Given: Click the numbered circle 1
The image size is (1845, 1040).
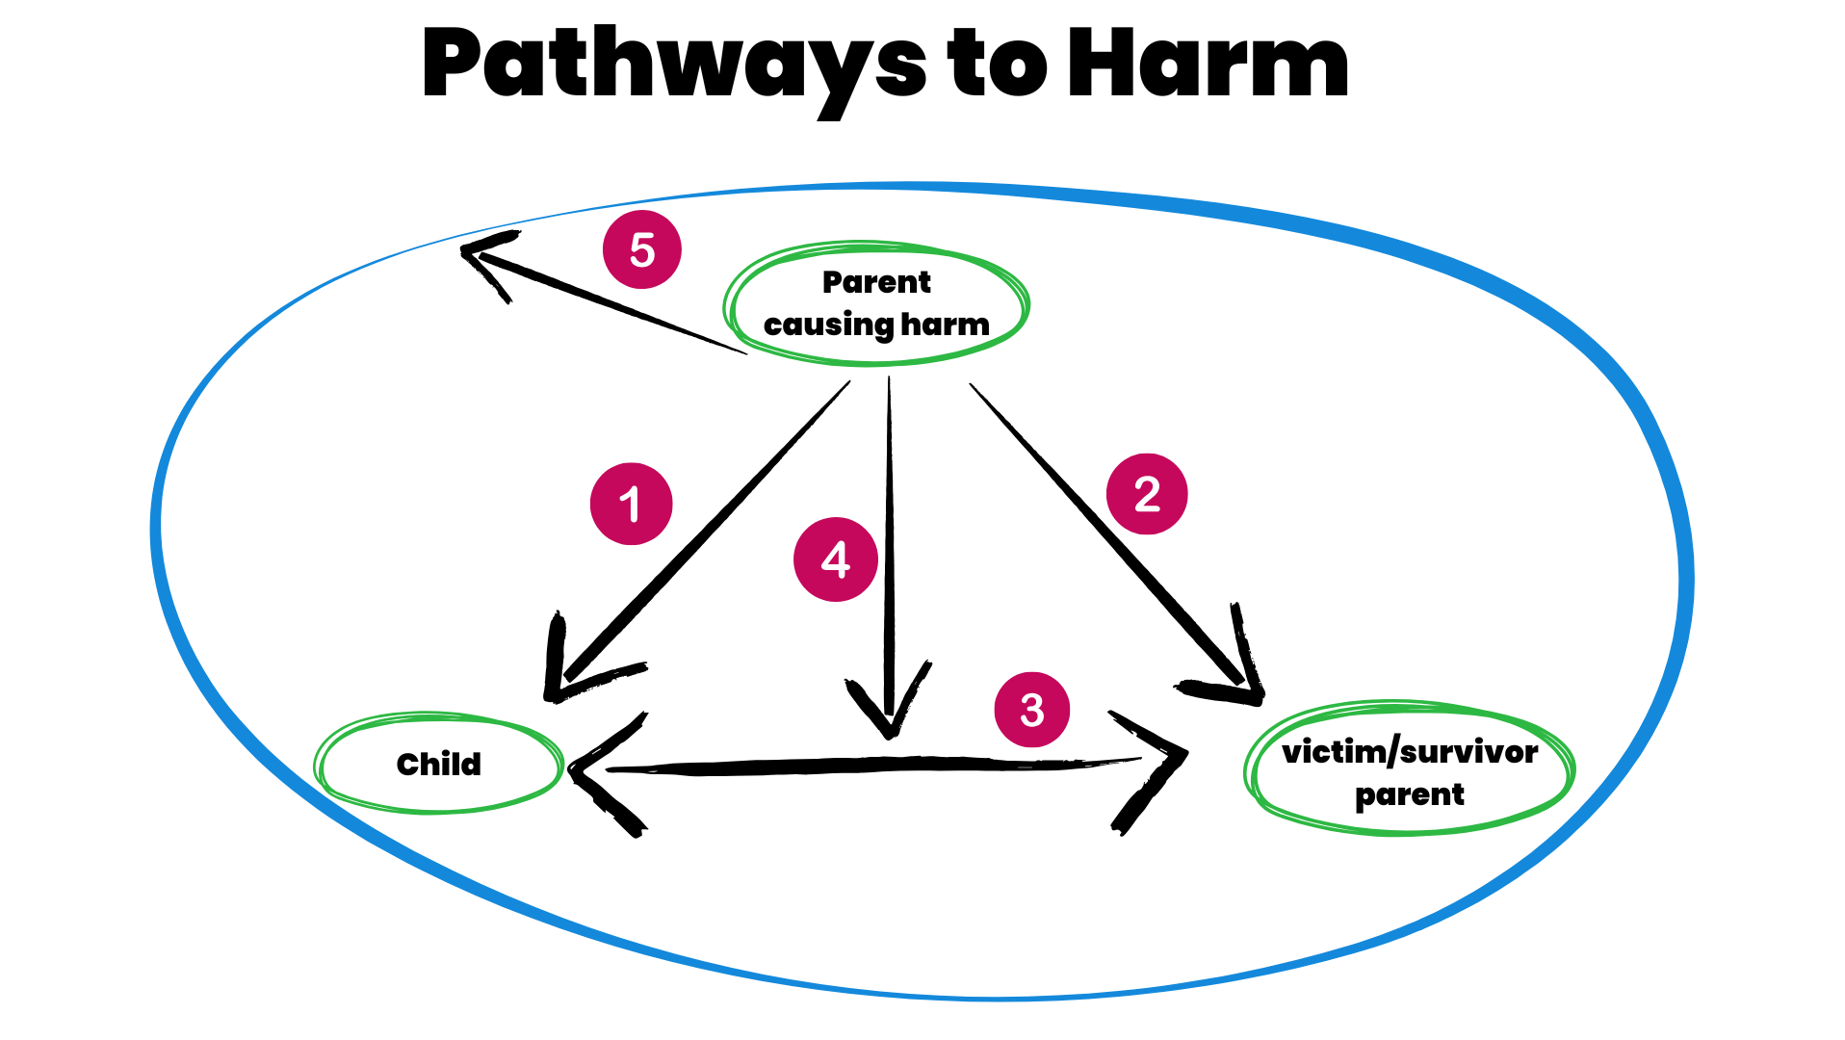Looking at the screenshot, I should click(x=631, y=504).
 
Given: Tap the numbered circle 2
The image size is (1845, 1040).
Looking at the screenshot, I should click(x=1147, y=494).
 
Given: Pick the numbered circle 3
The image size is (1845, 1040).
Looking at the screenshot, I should click(x=1031, y=710).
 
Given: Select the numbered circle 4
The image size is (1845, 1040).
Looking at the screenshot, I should click(x=835, y=559).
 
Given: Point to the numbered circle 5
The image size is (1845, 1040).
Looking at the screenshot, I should click(x=642, y=249).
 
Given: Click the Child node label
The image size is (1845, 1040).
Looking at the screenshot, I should click(x=439, y=764).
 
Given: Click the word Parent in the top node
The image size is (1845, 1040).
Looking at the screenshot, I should click(x=876, y=282).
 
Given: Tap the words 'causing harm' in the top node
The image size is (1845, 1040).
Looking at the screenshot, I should click(x=876, y=325).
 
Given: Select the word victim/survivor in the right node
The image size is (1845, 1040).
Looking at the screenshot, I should click(x=1410, y=751).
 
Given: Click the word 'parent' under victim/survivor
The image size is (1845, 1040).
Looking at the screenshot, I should click(x=1410, y=795).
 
